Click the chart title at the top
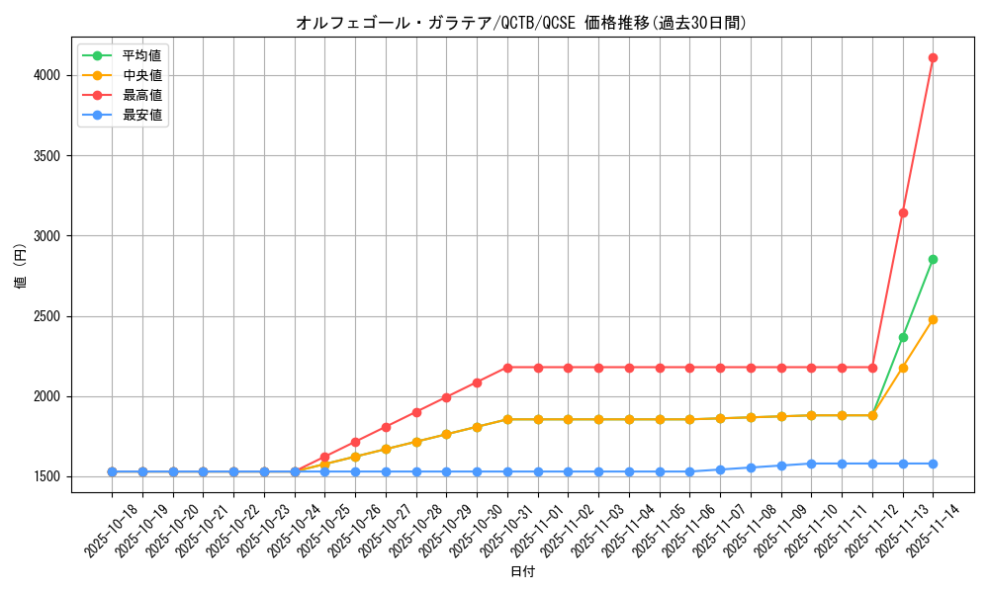(521, 23)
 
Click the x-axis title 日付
(522, 572)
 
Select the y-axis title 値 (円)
(20, 267)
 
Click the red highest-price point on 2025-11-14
(933, 57)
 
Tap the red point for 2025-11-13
(903, 212)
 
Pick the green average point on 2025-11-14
(933, 259)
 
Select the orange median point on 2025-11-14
(933, 319)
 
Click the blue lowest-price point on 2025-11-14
(933, 464)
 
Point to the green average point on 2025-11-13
(903, 337)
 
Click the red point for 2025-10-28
(416, 412)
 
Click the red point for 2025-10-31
(507, 368)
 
